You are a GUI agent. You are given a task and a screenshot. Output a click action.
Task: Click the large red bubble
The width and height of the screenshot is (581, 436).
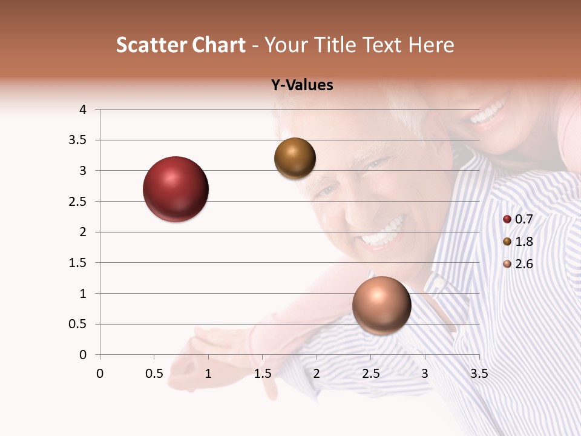point(176,189)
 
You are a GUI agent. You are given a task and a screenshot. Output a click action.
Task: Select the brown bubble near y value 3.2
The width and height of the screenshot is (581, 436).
point(295,159)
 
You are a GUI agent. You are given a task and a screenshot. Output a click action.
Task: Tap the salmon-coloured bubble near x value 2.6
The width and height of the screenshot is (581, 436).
point(381,305)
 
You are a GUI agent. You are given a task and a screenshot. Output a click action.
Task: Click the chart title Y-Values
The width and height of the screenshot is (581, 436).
point(302,85)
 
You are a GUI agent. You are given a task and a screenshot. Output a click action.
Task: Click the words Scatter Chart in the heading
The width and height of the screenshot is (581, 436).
point(181,45)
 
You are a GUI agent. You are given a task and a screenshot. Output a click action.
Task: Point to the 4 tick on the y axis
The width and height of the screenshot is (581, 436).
point(83,110)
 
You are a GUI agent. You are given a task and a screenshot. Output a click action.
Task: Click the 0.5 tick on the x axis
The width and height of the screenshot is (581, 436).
point(154,374)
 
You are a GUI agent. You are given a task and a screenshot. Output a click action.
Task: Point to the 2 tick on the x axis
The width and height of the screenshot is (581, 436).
point(317,374)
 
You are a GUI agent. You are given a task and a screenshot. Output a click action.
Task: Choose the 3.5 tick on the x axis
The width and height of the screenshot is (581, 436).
point(479,374)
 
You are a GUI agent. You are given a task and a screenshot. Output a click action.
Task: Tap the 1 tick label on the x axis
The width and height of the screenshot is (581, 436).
point(208,374)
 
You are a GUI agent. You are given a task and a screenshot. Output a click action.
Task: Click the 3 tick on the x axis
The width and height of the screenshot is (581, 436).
point(425,374)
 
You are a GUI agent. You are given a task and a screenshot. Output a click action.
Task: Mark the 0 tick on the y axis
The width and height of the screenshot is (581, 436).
point(83,355)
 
